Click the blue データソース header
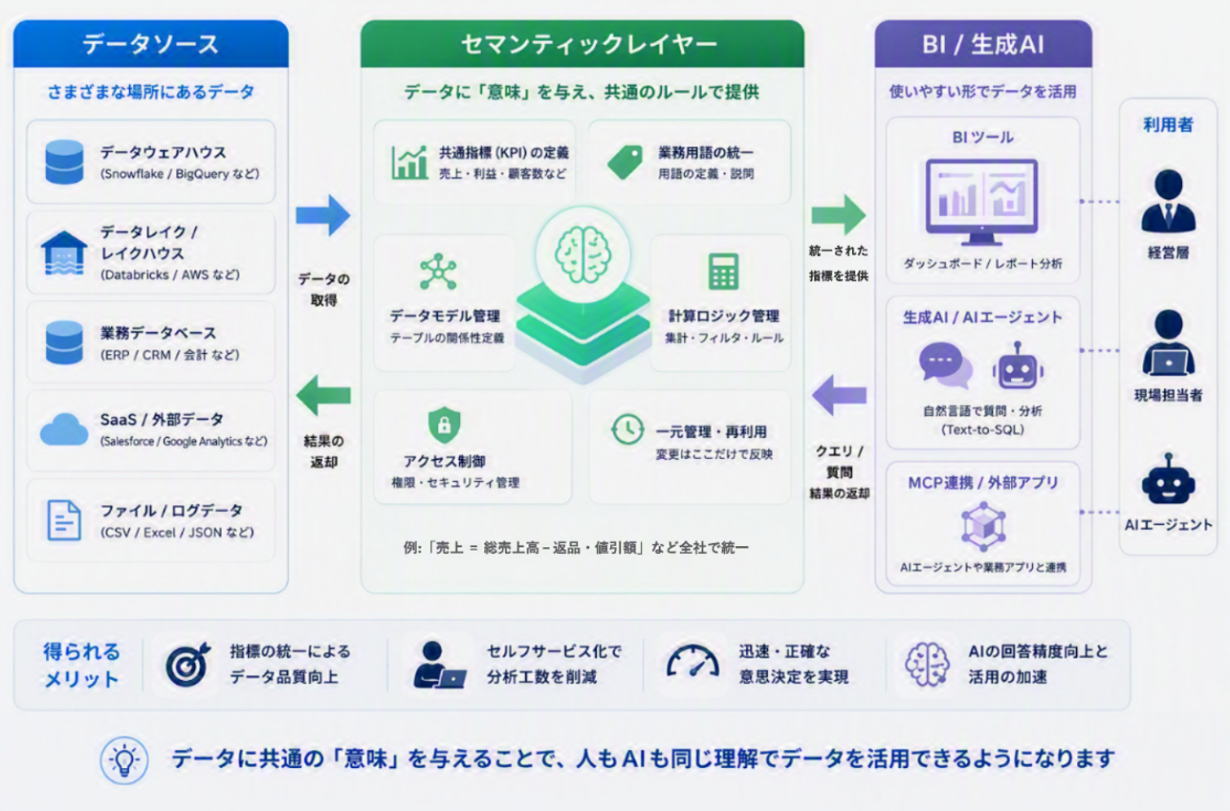coord(151,44)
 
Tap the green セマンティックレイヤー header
coord(582,44)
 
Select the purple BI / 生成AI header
coord(983,44)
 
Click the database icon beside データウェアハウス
coord(64,162)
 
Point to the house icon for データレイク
coord(64,252)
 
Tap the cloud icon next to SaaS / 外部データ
coord(64,429)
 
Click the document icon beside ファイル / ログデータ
coord(64,520)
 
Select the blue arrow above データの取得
coord(323,215)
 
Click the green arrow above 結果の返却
coord(323,395)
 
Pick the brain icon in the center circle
coord(582,254)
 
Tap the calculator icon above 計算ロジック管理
coord(723,272)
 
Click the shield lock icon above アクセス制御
coord(444,425)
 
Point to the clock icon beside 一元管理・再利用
coord(627,429)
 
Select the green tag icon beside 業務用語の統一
coord(626,163)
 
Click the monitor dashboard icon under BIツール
coord(982,202)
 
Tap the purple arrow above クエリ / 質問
coord(839,395)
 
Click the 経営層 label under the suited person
coord(1169,253)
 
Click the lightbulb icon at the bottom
coord(124,760)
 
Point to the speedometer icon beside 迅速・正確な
coord(693,661)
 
